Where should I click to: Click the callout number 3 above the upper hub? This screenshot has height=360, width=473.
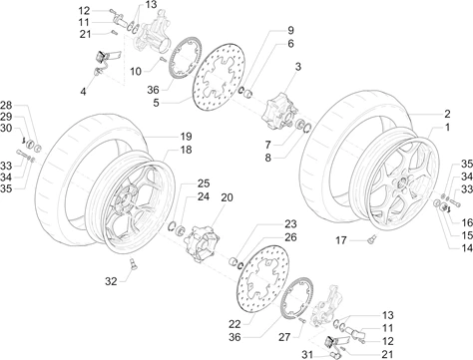pos(297,67)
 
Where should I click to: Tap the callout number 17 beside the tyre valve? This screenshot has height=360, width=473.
pos(341,240)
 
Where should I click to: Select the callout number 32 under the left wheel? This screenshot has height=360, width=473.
pos(111,281)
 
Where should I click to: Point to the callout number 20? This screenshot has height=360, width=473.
pos(227,197)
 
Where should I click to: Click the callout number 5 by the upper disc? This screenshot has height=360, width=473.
pos(156,103)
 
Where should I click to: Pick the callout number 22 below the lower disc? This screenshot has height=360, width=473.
pos(235,323)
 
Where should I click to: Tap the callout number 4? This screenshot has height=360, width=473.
pos(83,91)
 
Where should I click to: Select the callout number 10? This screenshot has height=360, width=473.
pos(136,71)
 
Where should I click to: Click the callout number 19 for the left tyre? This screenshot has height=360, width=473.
pos(186,137)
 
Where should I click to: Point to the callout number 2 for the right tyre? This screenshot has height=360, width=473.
pos(447,114)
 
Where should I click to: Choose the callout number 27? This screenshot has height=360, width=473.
pos(284,337)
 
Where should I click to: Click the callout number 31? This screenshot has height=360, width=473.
pos(307,354)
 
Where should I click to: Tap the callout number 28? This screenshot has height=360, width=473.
pos(6,106)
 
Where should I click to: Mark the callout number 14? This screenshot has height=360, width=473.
pos(467,247)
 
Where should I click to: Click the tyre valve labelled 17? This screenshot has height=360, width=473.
pos(372,238)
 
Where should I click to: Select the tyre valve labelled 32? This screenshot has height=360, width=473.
pos(133,263)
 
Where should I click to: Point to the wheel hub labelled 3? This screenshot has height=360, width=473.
pos(279,111)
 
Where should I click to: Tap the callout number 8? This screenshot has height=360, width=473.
pos(268,158)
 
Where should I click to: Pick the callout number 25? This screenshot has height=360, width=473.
pos(204,183)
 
